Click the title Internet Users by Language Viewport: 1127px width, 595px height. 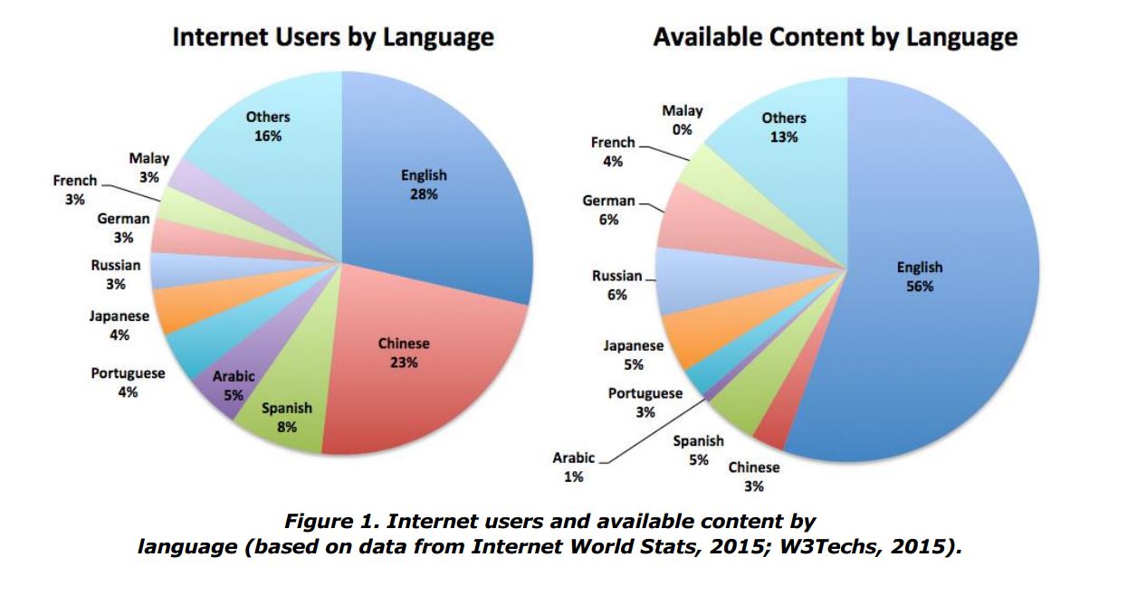tap(332, 38)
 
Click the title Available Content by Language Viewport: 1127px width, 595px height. tap(835, 38)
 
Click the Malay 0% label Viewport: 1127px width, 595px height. tap(682, 119)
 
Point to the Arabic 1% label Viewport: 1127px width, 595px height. tap(574, 467)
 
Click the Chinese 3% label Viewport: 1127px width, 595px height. tap(753, 477)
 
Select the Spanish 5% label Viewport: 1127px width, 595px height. tap(698, 449)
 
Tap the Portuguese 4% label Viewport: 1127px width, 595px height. tap(128, 382)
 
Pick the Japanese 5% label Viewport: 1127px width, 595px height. tap(633, 354)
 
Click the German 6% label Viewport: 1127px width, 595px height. tap(608, 210)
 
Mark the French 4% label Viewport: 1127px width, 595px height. tap(613, 151)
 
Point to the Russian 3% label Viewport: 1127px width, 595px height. tap(115, 274)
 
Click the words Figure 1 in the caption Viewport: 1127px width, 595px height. tap(325, 522)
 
